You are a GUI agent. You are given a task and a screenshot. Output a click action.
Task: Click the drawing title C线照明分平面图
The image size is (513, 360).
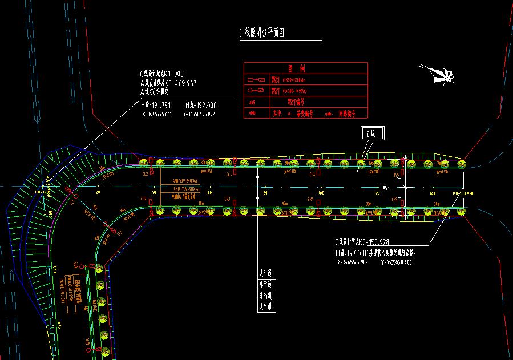click(261, 33)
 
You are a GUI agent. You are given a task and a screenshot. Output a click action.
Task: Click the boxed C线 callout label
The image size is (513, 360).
click(372, 134)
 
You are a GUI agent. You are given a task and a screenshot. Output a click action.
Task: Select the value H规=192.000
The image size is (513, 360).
click(201, 106)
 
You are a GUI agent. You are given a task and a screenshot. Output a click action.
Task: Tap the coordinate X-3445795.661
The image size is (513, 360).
click(157, 114)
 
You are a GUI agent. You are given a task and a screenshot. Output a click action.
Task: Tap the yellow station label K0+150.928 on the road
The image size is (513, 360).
click(463, 193)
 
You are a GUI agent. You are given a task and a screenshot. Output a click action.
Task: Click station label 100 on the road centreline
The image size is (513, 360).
click(321, 193)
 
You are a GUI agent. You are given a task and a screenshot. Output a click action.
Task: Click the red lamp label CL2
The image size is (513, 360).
click(145, 173)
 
